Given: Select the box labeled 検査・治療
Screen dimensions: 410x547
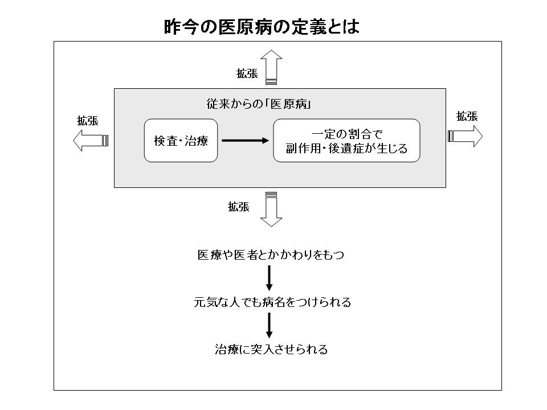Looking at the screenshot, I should pos(181,141).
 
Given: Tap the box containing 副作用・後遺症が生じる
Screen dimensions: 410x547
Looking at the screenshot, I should pos(346,141).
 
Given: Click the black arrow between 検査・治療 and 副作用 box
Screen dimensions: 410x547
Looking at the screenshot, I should pos(245,141).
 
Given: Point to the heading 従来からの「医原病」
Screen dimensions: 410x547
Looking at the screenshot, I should pos(262,105).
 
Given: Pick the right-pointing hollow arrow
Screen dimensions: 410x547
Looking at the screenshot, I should pos(466,136).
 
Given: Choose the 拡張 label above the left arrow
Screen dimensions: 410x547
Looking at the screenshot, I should pos(88,121).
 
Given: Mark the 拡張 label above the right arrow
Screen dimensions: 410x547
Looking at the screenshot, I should pos(467,116).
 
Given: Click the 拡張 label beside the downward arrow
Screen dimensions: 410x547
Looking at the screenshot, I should pos(239,207).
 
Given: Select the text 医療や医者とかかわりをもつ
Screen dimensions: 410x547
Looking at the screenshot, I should pos(271,255).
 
